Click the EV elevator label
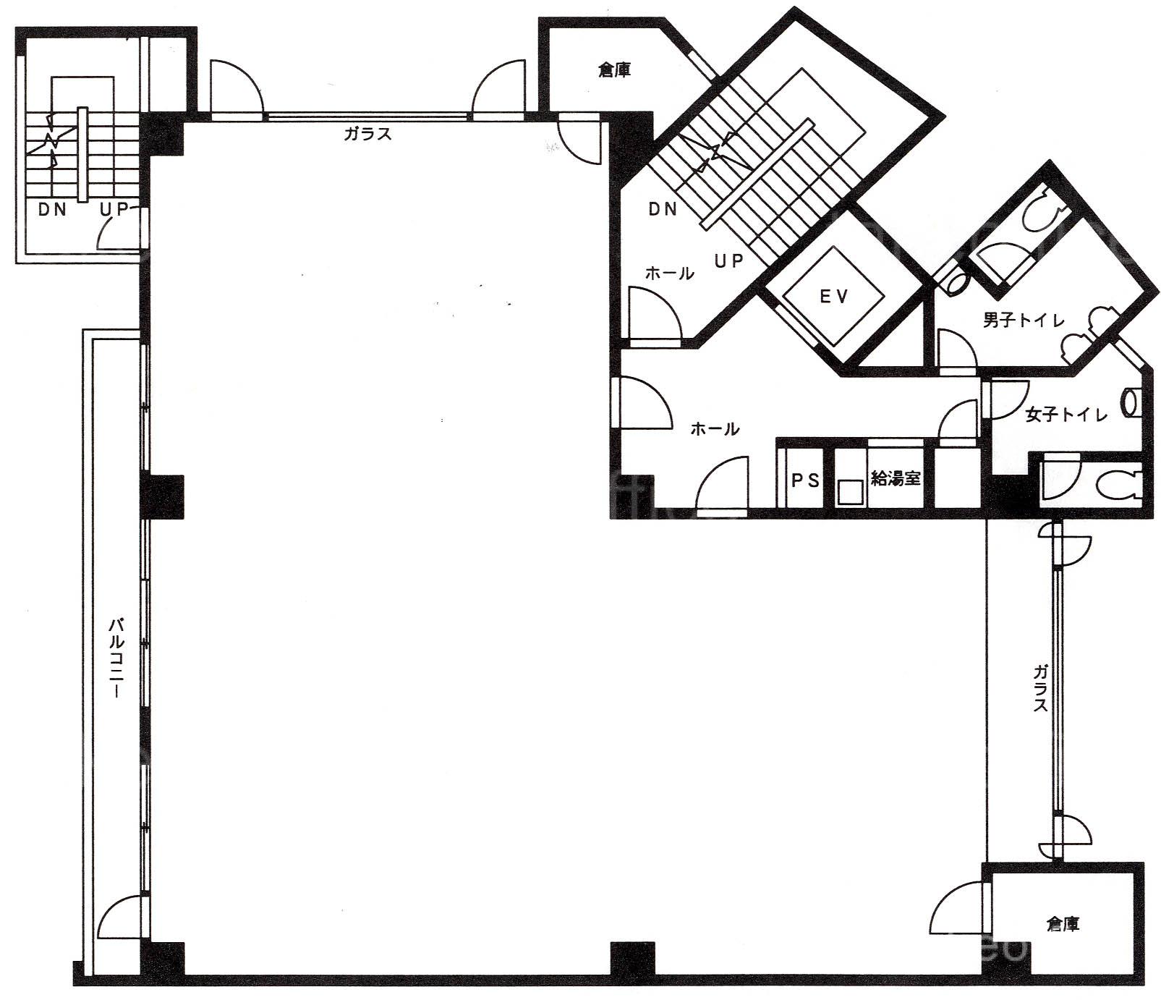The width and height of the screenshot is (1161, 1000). click(834, 296)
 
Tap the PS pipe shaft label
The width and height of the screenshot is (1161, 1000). click(805, 480)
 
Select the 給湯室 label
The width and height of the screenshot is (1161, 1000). click(896, 478)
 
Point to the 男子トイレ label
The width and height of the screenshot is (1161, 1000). click(1024, 320)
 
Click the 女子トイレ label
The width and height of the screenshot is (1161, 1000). click(1066, 415)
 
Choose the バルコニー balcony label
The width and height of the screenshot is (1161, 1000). click(115, 658)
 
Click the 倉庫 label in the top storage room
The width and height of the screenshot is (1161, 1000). click(614, 69)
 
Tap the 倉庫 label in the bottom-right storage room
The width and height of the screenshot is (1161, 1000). click(1063, 924)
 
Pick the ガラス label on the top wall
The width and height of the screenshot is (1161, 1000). click(368, 133)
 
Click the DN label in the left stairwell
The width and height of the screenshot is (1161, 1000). click(52, 210)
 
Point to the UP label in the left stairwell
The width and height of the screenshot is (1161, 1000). click(114, 210)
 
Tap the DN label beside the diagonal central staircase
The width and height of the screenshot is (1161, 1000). click(663, 209)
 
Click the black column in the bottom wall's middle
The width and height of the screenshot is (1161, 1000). click(633, 962)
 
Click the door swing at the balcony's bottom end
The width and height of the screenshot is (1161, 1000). click(122, 918)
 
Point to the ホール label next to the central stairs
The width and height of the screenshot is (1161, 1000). click(670, 274)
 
